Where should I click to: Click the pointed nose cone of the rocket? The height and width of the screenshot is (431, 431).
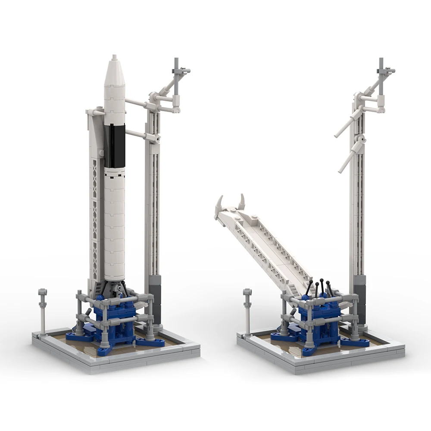(114, 71)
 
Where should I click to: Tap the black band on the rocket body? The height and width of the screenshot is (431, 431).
(114, 147)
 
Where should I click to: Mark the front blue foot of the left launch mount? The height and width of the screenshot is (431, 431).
(103, 349)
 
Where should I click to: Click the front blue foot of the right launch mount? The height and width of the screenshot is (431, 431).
(308, 349)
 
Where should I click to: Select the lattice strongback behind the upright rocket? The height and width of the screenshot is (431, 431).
(95, 215)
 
